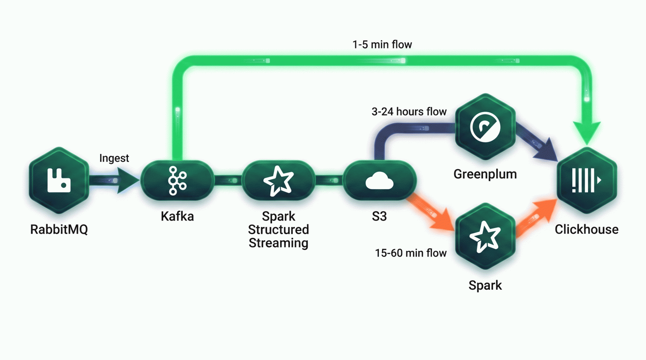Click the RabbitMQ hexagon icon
coord(59,180)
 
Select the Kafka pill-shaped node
coord(177,180)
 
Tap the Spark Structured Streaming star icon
coord(279,180)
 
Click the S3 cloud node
coord(379,180)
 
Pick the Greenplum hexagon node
coord(485,127)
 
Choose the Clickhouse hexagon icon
coord(587,180)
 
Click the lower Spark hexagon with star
coord(485,236)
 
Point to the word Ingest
coord(114,158)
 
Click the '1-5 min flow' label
coord(382,45)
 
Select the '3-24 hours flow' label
coord(409,112)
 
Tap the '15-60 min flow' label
coord(411,253)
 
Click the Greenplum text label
coord(485,174)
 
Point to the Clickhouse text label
coord(587,229)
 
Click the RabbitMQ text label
coord(59,229)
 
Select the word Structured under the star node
coord(279,230)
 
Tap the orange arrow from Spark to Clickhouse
coord(536,218)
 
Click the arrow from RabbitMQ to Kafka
coord(114,180)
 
